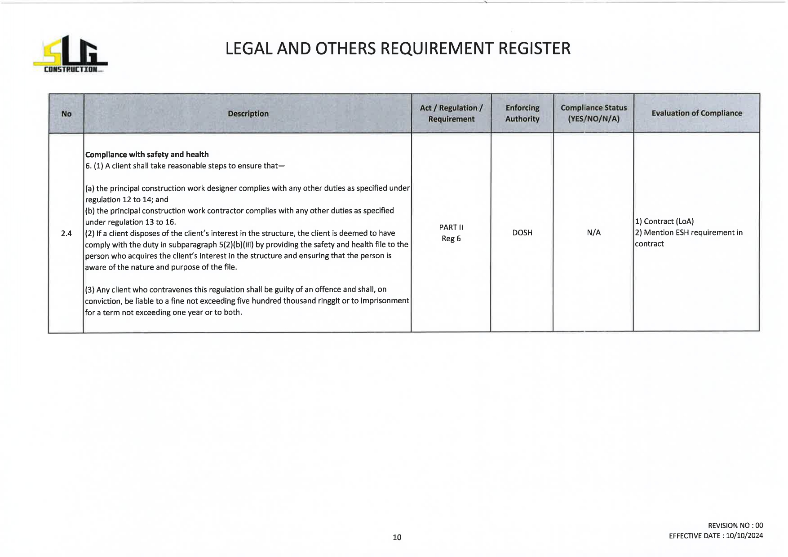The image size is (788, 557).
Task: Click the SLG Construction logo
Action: tap(71, 54)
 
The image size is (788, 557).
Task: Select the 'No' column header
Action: tap(66, 114)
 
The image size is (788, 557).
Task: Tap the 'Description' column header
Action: tap(248, 114)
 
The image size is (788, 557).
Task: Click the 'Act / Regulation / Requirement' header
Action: tap(451, 114)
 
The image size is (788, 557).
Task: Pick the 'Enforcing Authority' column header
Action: tap(522, 114)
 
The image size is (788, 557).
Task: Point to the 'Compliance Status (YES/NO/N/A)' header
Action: tap(593, 114)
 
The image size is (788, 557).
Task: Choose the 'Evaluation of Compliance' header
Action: tap(696, 113)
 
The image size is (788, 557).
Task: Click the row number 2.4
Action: tap(66, 233)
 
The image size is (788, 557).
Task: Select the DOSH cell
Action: tap(522, 233)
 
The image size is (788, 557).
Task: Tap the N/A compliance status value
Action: tap(593, 233)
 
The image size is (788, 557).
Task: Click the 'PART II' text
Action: tap(451, 227)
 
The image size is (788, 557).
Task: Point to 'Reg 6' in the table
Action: tap(451, 239)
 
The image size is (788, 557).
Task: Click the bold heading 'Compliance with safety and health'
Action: tap(147, 155)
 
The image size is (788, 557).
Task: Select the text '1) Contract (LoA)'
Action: tap(664, 221)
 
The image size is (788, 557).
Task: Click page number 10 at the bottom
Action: tap(397, 537)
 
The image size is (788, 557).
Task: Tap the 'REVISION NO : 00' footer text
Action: tap(735, 526)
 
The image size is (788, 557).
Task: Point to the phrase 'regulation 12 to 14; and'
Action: tap(127, 199)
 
